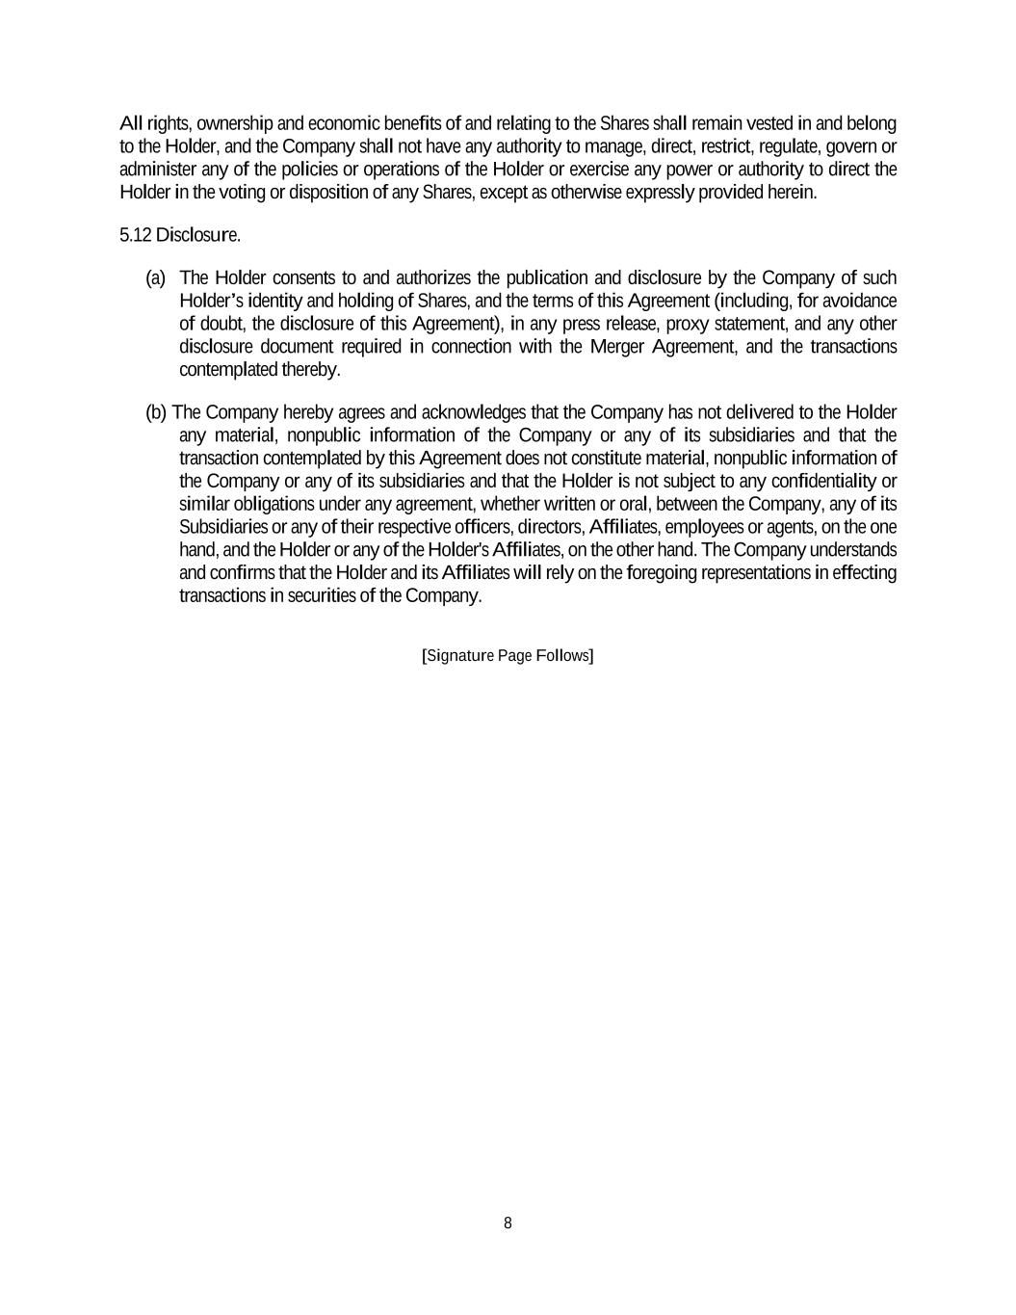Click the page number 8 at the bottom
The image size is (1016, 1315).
pos(508,1223)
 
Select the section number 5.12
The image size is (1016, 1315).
pos(136,235)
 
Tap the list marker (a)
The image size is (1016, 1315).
pos(155,278)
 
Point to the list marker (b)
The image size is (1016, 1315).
pos(156,413)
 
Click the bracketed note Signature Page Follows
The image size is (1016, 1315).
pos(508,656)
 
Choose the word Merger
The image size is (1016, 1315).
pos(618,347)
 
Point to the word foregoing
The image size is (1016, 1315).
pos(662,573)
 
